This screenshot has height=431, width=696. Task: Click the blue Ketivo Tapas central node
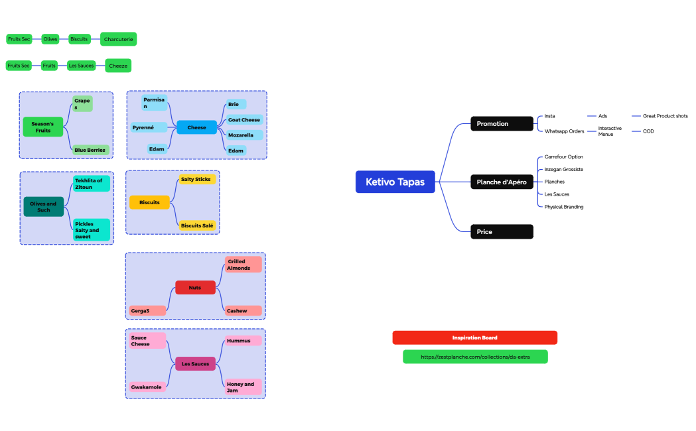(x=395, y=182)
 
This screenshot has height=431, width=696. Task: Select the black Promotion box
(x=502, y=123)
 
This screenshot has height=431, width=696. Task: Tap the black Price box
(x=502, y=231)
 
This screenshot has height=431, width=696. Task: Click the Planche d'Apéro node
(x=502, y=182)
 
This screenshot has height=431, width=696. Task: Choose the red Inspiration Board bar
(x=474, y=338)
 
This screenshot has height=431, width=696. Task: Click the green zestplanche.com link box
(x=475, y=357)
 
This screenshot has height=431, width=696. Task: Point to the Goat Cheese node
(x=244, y=120)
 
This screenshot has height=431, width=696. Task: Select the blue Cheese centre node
(x=197, y=127)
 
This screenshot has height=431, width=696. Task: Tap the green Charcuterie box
(x=119, y=39)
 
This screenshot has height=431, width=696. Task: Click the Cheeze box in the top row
(x=118, y=66)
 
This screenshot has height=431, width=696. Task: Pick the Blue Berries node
(x=90, y=150)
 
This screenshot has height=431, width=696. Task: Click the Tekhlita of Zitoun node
(x=91, y=184)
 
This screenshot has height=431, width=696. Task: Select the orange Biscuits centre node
(x=150, y=202)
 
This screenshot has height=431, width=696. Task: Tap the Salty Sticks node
(x=196, y=179)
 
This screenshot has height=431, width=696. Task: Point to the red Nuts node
(x=195, y=287)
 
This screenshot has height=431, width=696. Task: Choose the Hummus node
(x=243, y=340)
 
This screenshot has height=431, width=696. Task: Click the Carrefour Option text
(x=564, y=157)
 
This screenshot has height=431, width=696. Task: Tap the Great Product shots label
(x=665, y=116)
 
